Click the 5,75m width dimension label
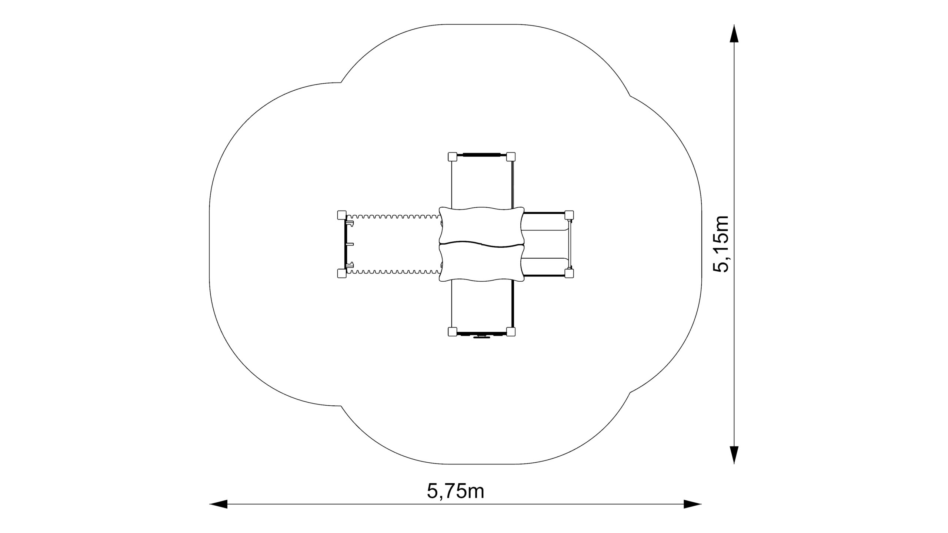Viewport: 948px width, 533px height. point(455,491)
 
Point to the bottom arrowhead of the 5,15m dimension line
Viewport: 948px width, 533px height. point(734,455)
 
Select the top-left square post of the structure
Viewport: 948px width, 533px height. point(452,157)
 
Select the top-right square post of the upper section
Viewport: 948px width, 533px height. point(511,157)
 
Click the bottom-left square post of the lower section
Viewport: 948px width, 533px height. point(452,332)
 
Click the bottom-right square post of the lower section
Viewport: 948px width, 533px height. point(511,332)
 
